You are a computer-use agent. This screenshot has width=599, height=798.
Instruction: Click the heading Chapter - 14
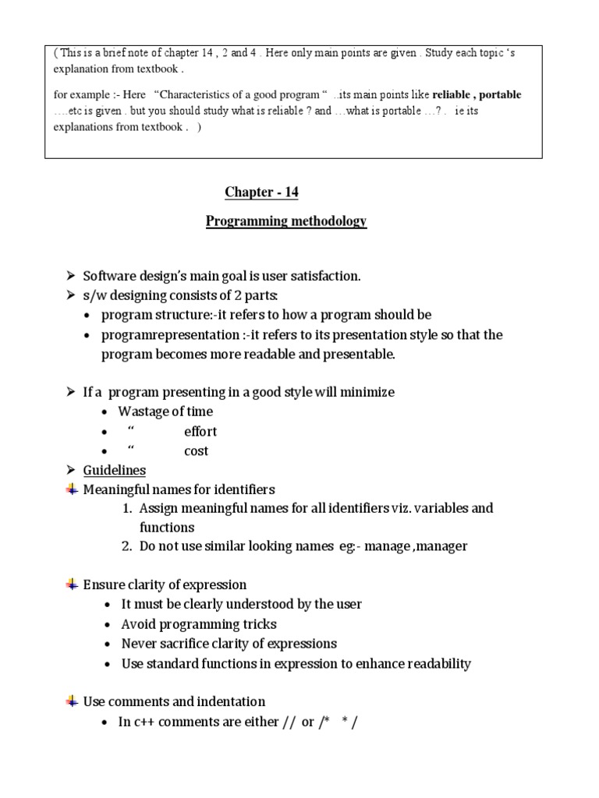pyautogui.click(x=261, y=192)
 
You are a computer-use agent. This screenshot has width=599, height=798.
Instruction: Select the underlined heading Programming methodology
pyautogui.click(x=286, y=221)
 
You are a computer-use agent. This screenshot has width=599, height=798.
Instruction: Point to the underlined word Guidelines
pyautogui.click(x=114, y=471)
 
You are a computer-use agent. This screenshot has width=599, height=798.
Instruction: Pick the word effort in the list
pyautogui.click(x=200, y=432)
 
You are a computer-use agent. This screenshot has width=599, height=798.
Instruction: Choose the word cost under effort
pyautogui.click(x=196, y=451)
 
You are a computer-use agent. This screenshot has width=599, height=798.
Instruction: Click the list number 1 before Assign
pyautogui.click(x=126, y=508)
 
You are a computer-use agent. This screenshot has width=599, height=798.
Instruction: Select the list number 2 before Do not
pyautogui.click(x=126, y=546)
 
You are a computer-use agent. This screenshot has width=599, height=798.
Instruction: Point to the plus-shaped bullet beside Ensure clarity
pyautogui.click(x=72, y=584)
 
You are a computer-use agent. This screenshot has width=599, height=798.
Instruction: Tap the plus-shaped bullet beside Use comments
pyautogui.click(x=72, y=701)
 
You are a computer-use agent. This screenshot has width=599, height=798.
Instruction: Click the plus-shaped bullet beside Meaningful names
pyautogui.click(x=72, y=489)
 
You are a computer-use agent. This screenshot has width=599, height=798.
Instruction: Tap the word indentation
pyautogui.click(x=231, y=701)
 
